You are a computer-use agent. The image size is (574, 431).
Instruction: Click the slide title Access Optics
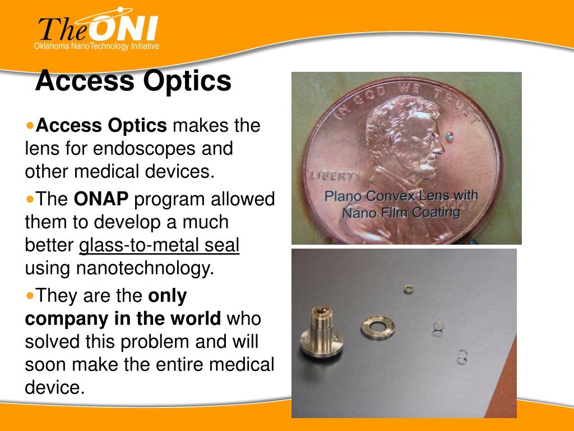133,81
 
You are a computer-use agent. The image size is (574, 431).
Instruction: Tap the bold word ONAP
101,199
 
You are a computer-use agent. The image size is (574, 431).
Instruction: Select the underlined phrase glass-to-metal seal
159,245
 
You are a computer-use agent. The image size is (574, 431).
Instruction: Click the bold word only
167,295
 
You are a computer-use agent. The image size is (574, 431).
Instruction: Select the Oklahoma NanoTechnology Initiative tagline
96,46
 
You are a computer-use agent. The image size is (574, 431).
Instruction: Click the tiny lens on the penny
450,135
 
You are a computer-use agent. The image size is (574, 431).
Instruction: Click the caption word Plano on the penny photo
345,197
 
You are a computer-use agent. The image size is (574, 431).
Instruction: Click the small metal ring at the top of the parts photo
408,290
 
